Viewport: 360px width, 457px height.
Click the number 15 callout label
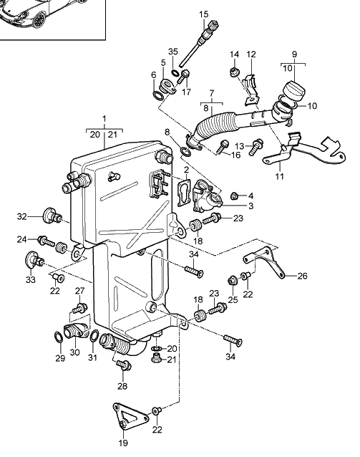[204, 14]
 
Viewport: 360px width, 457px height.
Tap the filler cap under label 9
[294, 90]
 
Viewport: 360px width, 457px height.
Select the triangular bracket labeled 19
[130, 416]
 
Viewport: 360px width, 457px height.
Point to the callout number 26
[302, 276]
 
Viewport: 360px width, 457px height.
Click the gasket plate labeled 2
[183, 193]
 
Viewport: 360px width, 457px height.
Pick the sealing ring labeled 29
[58, 337]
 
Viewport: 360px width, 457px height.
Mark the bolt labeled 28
[124, 365]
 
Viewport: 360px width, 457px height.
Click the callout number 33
[31, 280]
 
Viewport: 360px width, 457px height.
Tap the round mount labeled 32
[52, 216]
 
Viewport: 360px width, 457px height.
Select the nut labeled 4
[235, 196]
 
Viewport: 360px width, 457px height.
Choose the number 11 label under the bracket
[280, 176]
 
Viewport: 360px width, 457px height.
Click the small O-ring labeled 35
[175, 72]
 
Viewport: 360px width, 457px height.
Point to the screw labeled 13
[257, 146]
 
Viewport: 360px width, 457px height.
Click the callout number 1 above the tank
[104, 119]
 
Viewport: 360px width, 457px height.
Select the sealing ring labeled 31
[94, 336]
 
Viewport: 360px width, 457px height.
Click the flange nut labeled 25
[233, 280]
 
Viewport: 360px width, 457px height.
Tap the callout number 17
[186, 92]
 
